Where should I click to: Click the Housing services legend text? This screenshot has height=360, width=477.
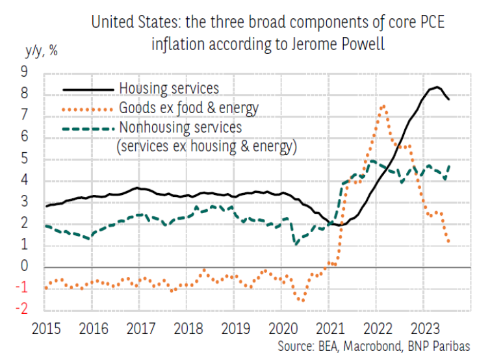(169, 87)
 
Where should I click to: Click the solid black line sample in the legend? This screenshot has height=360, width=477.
(87, 88)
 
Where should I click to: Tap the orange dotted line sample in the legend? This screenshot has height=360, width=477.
(87, 107)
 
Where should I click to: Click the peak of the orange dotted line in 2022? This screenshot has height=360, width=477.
(383, 106)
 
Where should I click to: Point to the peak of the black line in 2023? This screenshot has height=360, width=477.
(438, 87)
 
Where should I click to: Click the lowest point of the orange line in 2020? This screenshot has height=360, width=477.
(302, 300)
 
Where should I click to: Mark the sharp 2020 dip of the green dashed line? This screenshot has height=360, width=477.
(296, 244)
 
